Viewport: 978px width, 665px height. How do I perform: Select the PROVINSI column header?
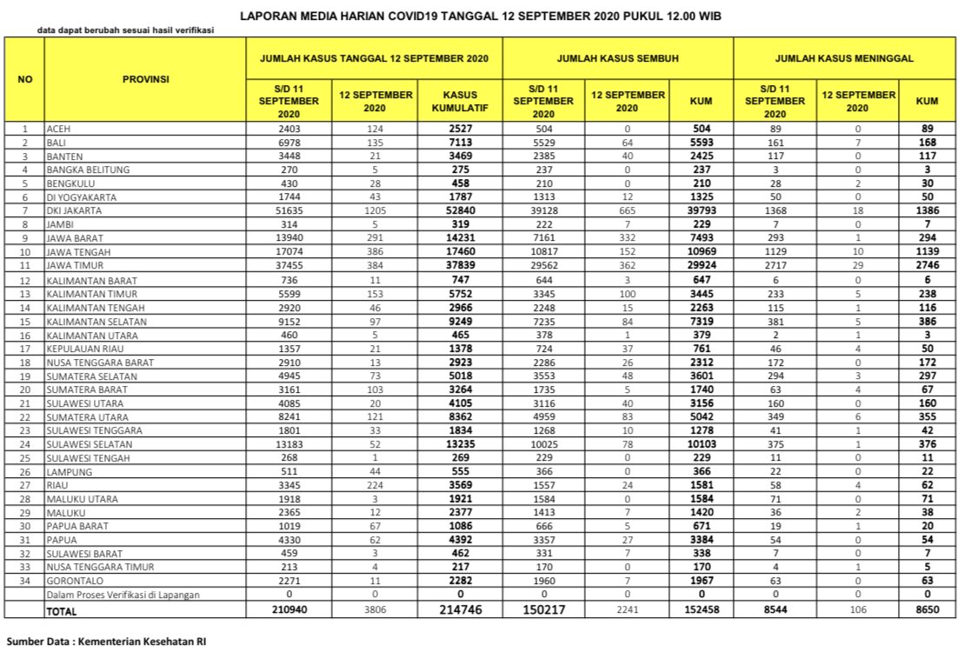(145, 78)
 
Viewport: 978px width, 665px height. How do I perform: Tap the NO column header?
(25, 78)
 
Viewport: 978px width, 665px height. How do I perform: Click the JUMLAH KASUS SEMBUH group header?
(617, 57)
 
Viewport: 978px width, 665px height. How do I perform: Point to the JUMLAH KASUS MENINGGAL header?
(844, 57)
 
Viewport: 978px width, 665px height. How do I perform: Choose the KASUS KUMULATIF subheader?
(460, 100)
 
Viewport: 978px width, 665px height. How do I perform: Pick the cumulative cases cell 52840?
(460, 211)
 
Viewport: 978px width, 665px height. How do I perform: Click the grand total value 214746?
(460, 609)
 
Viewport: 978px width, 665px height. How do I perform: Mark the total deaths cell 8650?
(927, 609)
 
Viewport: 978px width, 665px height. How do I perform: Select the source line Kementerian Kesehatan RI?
(107, 642)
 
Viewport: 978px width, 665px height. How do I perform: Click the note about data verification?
(125, 30)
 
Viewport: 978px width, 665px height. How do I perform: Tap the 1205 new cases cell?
(376, 211)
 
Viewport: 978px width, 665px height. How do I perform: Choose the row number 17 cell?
(25, 349)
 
